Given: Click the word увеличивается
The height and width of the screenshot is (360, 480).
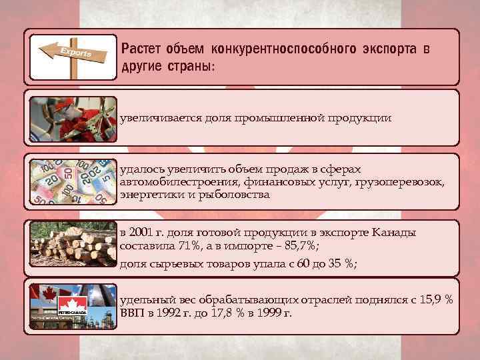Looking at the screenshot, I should (x=158, y=118).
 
